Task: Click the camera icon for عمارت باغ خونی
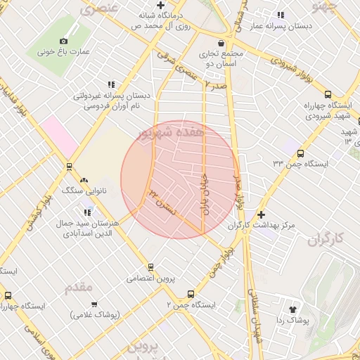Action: (64, 41)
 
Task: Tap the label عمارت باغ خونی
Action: (64, 52)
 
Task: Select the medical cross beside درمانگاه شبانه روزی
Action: (161, 5)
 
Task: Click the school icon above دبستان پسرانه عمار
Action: (281, 15)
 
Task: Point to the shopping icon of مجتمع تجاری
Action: (221, 43)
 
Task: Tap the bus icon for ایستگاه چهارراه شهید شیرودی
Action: (328, 95)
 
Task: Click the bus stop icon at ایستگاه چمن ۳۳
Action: (301, 153)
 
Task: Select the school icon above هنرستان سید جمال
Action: (87, 212)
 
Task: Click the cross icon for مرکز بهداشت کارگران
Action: (262, 214)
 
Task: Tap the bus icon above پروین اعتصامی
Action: (150, 267)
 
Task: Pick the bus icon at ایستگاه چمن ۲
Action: (191, 295)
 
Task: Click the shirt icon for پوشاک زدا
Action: (292, 309)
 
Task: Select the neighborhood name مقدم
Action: (78, 288)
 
